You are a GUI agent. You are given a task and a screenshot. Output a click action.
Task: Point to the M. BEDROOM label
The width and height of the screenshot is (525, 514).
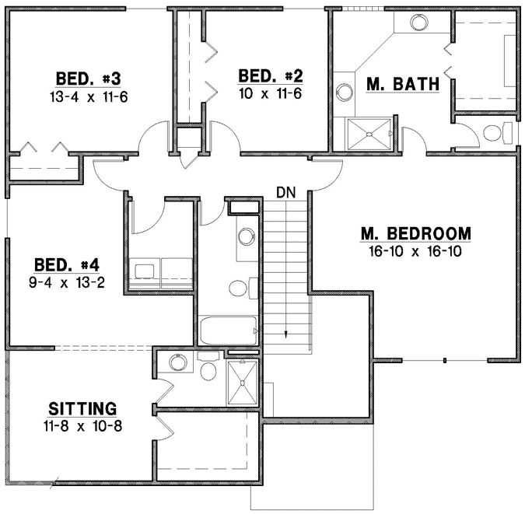pos(416,233)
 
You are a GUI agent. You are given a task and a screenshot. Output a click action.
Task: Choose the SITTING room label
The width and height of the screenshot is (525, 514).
pos(82,408)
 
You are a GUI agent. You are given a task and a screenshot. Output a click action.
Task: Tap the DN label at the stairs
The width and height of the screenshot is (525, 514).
pos(286,191)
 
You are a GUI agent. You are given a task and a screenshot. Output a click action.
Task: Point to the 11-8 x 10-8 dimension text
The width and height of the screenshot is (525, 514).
pos(82,425)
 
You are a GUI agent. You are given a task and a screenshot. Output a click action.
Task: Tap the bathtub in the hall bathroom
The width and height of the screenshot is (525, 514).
pos(228,330)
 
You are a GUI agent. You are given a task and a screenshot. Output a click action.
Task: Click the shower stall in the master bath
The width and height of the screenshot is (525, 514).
pos(369,135)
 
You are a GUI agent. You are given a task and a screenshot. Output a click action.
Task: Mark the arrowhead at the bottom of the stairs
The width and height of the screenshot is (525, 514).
pos(286,335)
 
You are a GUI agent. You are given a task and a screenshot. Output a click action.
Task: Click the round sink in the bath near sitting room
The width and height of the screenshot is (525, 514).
pos(178,362)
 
